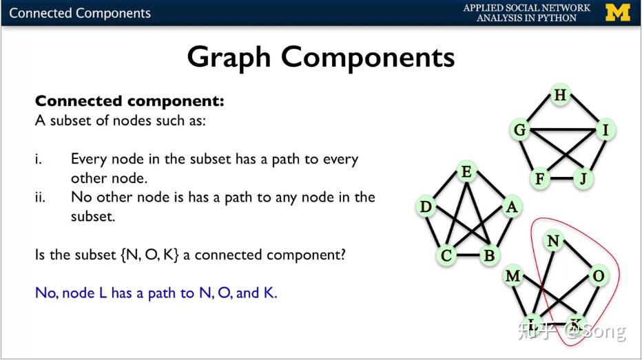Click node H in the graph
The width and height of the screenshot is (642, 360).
pos(560,96)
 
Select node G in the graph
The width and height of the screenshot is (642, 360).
pos(521,129)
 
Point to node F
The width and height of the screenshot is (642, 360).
pos(541,180)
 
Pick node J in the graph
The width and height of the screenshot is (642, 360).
pos(583,180)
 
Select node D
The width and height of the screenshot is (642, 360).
pos(426,207)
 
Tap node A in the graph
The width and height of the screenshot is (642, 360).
pos(510,207)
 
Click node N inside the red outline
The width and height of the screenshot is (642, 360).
pos(552,241)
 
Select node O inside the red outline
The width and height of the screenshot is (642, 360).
pos(598,276)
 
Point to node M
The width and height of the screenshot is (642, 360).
pos(512,276)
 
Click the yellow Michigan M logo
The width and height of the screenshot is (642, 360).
pos(617,12)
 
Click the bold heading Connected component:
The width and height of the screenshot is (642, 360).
pos(130,101)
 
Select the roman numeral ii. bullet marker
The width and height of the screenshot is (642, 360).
pos(41,198)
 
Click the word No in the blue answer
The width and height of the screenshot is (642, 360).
pos(46,293)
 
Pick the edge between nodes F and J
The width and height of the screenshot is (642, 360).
pos(561,180)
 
